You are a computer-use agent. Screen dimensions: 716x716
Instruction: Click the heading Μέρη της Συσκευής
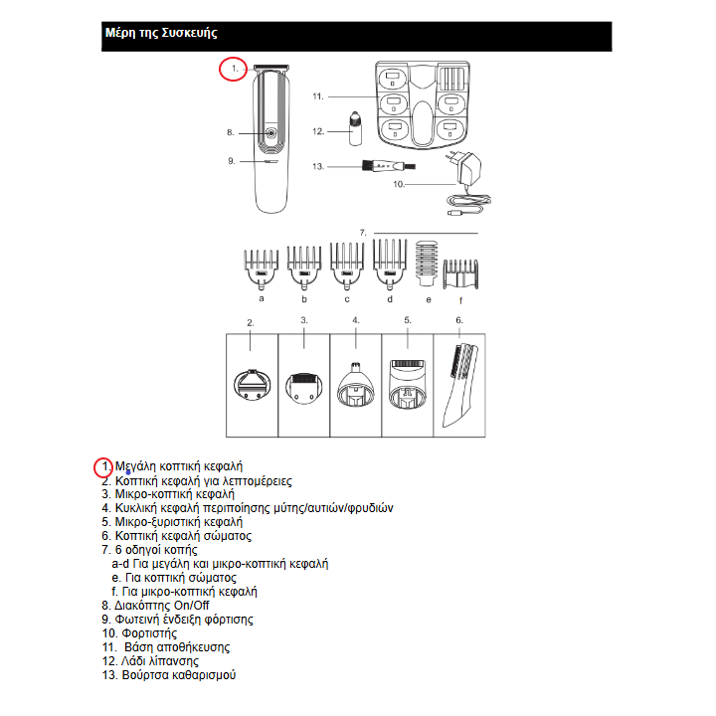pos(161,34)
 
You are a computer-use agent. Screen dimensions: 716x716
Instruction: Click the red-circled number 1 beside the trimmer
pos(233,70)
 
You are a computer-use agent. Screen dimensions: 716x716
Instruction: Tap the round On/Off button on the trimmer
pos(268,131)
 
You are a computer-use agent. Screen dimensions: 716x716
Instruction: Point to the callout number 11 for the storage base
pos(318,96)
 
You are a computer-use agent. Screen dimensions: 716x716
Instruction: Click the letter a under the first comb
pos(261,298)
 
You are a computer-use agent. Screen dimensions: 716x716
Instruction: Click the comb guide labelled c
pos(347,264)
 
